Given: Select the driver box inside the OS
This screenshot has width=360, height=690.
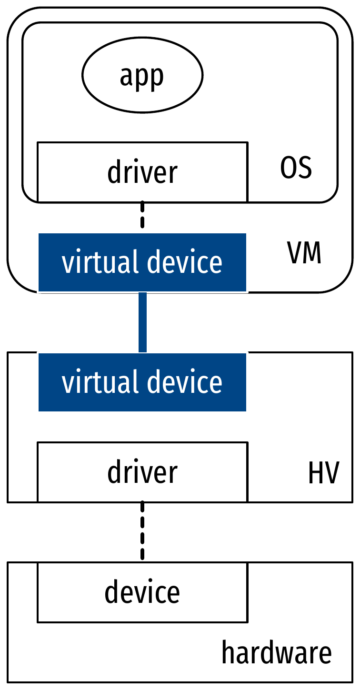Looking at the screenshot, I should (x=142, y=172).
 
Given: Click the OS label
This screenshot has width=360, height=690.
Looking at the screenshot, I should (x=296, y=168).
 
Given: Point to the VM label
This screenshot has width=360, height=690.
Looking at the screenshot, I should (x=304, y=254).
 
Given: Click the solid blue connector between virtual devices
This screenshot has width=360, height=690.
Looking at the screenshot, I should (x=142, y=322).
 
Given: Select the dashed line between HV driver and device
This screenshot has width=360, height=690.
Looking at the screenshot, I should (x=142, y=531).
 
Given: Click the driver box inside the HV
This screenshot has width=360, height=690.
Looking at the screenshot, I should (x=142, y=472).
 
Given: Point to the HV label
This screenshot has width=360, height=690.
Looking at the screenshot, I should (x=323, y=473).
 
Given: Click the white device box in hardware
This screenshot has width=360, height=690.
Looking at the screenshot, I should (x=142, y=592).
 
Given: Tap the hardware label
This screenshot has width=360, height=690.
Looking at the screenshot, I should (x=276, y=652).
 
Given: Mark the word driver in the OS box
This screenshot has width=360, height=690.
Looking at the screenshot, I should (x=142, y=172).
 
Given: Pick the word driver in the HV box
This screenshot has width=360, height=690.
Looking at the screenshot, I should (x=142, y=472).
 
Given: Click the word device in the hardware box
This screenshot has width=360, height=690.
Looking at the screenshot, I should (x=142, y=592).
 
